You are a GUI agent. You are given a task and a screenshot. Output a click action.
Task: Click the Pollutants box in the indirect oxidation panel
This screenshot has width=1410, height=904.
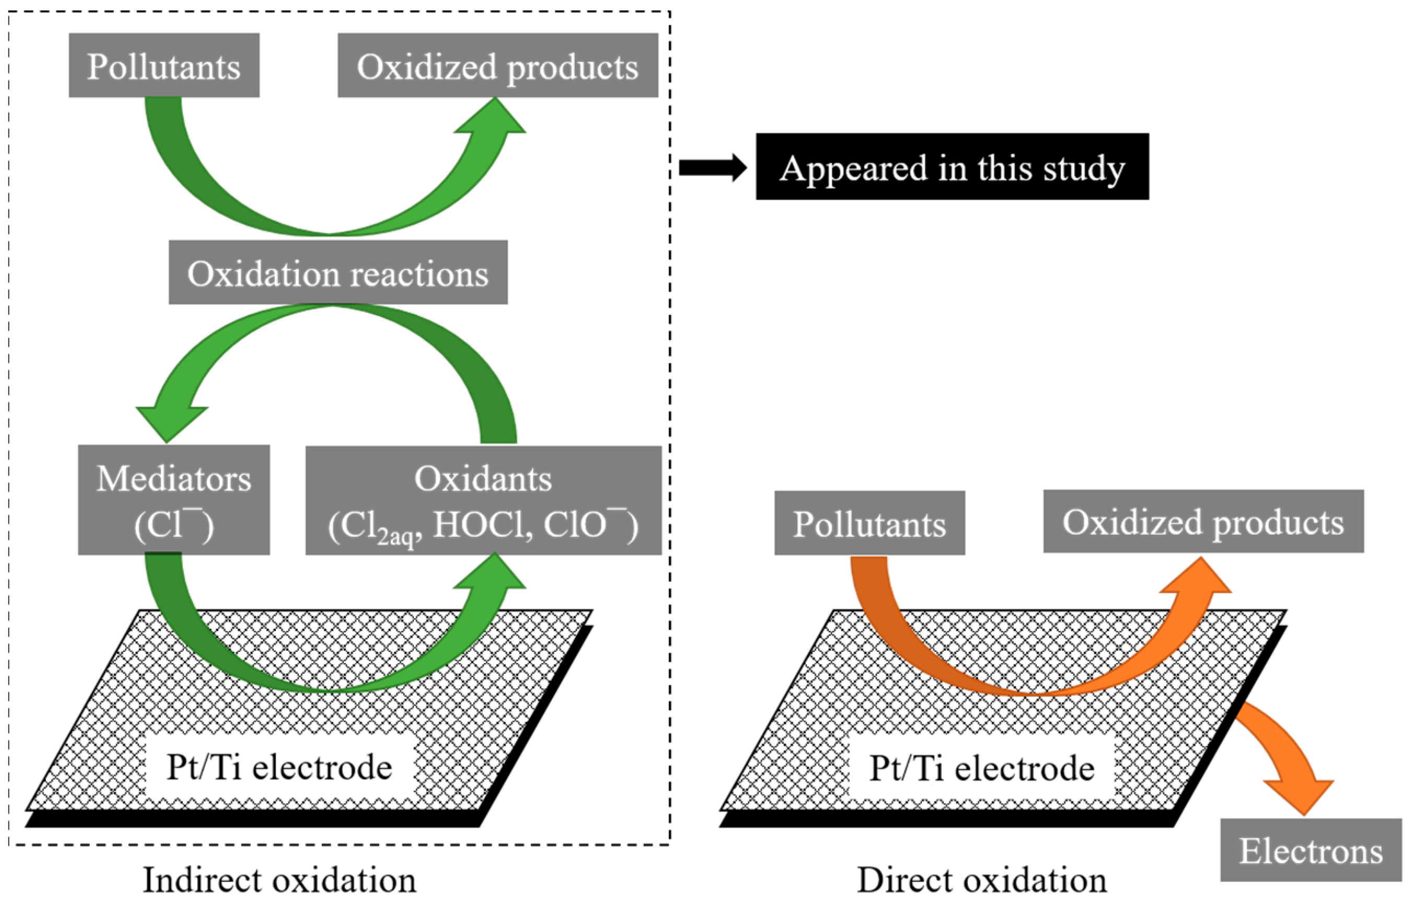164,65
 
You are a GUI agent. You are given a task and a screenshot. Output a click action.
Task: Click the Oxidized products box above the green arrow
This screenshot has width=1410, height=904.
498,65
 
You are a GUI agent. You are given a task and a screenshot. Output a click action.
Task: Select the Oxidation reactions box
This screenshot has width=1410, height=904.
338,273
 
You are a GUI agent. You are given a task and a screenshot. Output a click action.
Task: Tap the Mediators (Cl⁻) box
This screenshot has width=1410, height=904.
174,500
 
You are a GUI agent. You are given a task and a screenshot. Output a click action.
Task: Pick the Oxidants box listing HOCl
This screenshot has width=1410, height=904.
483,500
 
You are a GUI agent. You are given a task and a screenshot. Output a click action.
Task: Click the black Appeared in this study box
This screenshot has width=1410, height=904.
952,167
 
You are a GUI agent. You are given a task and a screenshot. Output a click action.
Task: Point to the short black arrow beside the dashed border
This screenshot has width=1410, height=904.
712,168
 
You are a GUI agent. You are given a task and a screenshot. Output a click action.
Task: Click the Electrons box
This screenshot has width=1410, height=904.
1311,851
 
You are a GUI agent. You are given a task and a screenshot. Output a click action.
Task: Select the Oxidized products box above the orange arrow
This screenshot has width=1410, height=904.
1203,521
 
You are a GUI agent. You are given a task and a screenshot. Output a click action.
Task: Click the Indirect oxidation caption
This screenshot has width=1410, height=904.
280,880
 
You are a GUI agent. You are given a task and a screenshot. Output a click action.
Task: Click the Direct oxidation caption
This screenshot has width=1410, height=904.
981,880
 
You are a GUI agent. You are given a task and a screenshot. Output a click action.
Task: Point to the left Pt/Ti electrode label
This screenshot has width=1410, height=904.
280,767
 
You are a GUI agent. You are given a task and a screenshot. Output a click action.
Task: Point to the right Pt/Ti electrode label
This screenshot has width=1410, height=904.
981,768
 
